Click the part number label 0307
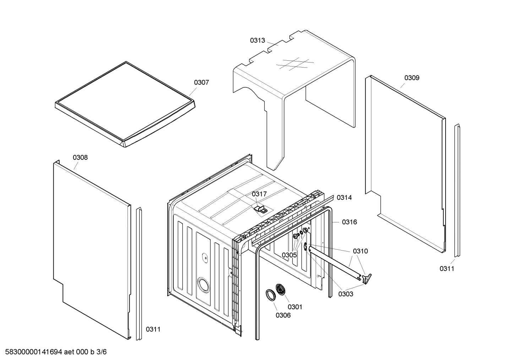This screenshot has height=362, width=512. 201,82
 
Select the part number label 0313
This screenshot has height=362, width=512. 257,40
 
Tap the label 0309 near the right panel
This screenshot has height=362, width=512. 412,78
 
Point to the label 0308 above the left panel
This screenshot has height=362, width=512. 80,157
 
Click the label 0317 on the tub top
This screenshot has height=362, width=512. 259,194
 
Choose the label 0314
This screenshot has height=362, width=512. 344,198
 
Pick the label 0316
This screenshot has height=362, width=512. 349,222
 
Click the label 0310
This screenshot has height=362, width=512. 360,251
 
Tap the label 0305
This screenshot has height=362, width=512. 289,255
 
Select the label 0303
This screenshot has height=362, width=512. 345,294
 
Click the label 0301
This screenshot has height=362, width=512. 295,307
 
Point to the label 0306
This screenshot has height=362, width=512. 283,315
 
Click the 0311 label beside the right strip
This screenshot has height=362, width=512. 447,269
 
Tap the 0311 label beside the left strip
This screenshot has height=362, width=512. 153,329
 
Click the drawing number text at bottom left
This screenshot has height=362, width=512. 53,352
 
